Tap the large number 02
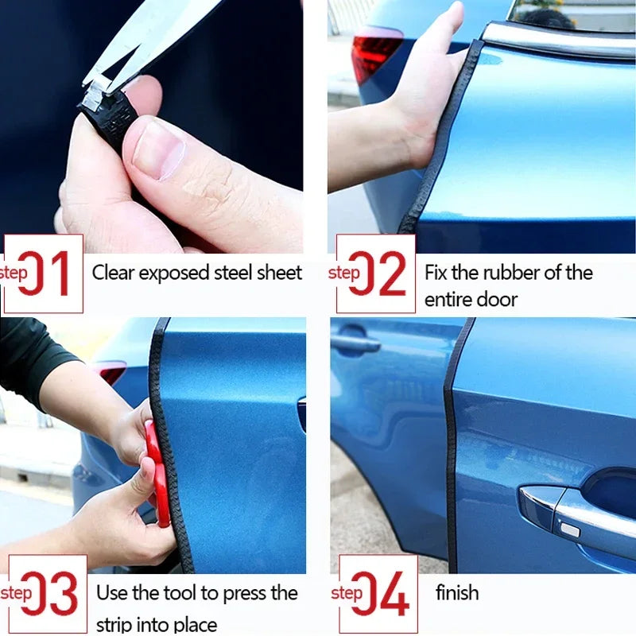click(x=380, y=273)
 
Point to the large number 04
click(x=382, y=594)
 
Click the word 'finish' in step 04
click(x=457, y=592)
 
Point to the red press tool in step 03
click(x=157, y=473)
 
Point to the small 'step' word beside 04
click(x=347, y=593)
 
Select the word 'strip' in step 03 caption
click(x=114, y=624)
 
